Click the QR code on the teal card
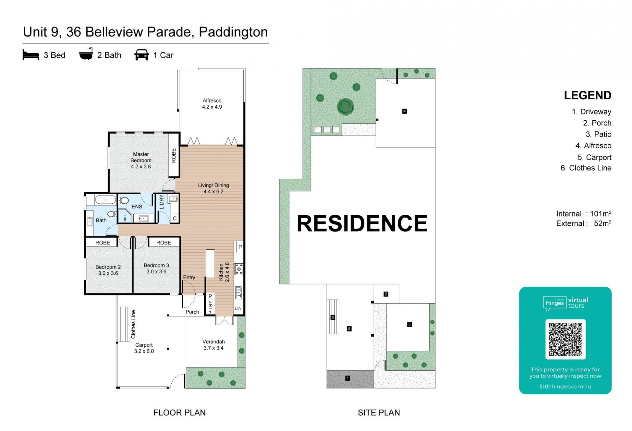click(x=565, y=339)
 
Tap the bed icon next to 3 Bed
click(x=31, y=55)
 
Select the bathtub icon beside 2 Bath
click(x=86, y=54)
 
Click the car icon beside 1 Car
click(x=142, y=55)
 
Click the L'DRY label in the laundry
click(x=162, y=202)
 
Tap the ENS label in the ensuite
click(x=137, y=207)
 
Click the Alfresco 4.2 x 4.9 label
click(x=212, y=104)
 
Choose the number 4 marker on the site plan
click(x=405, y=111)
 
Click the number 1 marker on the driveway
click(x=347, y=378)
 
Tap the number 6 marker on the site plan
click(x=333, y=317)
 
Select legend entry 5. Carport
click(x=594, y=157)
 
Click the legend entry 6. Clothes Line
click(x=586, y=168)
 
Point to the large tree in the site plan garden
click(x=345, y=106)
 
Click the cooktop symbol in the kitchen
click(x=239, y=269)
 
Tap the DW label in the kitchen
click(x=238, y=308)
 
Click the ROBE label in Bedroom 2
click(x=103, y=242)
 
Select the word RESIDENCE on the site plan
click(x=362, y=223)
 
